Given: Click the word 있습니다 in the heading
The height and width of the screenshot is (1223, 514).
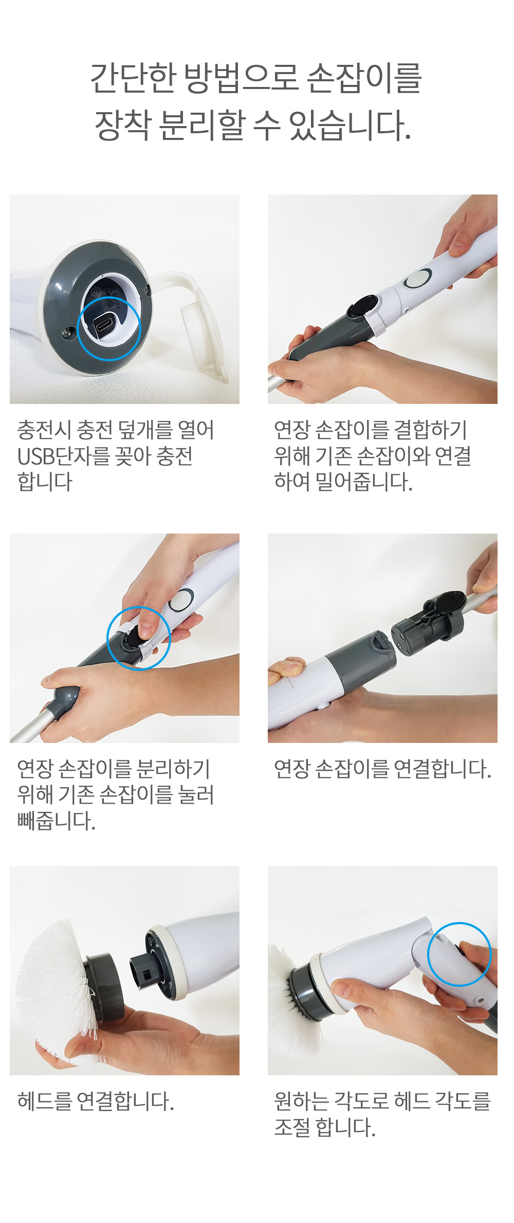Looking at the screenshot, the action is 350,126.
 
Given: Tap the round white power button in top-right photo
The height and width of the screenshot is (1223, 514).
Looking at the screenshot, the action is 417,279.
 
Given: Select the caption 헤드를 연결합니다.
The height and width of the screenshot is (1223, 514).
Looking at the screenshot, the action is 96,1101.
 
